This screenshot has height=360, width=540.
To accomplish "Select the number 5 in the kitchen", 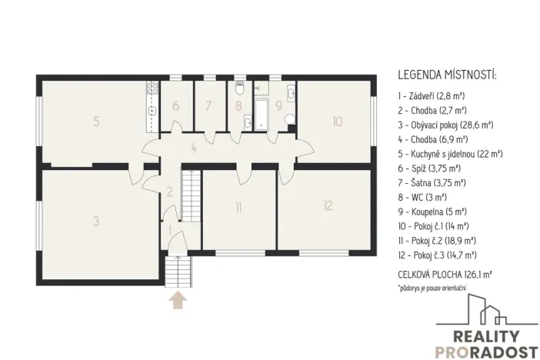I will click(95, 121).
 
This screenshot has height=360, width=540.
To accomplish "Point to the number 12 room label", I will click(328, 205).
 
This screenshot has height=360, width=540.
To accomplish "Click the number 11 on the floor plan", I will click(239, 206).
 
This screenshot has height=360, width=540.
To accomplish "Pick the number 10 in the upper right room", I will click(337, 121).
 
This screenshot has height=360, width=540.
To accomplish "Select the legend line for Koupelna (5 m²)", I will click(436, 212).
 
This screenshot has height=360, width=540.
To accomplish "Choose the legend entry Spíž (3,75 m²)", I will click(433, 168).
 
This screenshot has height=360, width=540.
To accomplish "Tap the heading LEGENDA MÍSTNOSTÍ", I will click(447, 75).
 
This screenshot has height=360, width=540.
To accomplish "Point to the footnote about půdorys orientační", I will click(432, 288).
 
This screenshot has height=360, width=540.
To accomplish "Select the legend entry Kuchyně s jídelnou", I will click(450, 154).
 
